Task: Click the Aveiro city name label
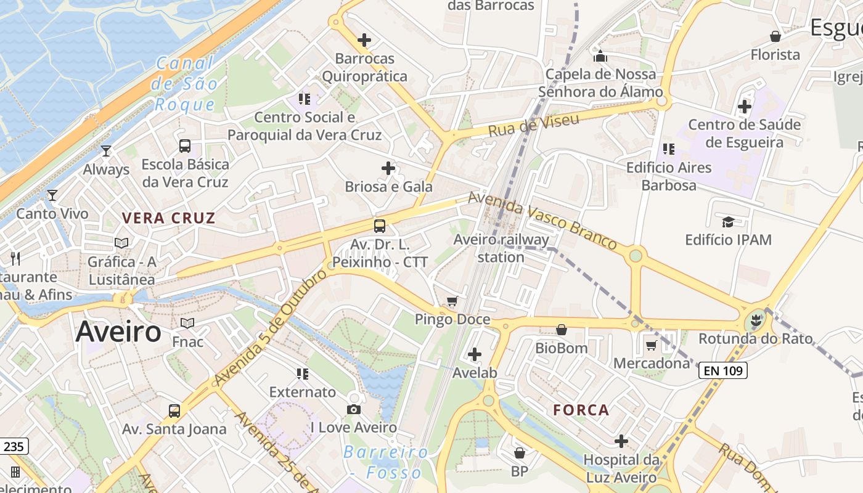click(x=118, y=332)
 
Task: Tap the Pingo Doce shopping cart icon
click(x=452, y=301)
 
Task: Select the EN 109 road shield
click(x=722, y=370)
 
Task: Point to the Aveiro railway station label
click(x=501, y=248)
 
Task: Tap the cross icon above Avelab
click(x=475, y=354)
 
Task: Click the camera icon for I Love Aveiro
click(x=354, y=409)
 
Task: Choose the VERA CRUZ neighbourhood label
click(x=168, y=218)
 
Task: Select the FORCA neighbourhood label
click(x=581, y=410)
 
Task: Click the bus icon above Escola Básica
click(x=184, y=146)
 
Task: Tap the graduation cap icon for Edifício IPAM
click(x=728, y=221)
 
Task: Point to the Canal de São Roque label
click(x=184, y=83)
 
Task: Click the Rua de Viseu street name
click(x=534, y=125)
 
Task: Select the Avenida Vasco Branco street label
click(x=542, y=221)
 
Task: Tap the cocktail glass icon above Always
click(x=106, y=150)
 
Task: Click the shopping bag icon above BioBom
click(x=561, y=330)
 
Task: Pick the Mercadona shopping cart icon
click(x=651, y=345)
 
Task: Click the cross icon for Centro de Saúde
click(x=745, y=107)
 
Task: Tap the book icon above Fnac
click(x=187, y=323)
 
